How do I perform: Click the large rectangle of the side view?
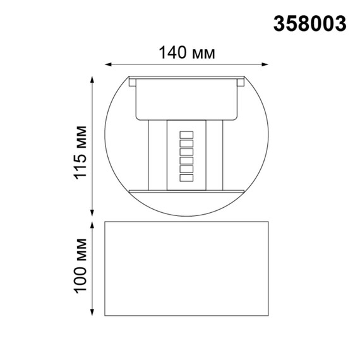[x=186, y=268]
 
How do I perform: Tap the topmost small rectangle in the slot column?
[x=186, y=135]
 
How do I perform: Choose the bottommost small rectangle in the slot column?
[x=186, y=179]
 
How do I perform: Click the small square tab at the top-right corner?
[x=240, y=81]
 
